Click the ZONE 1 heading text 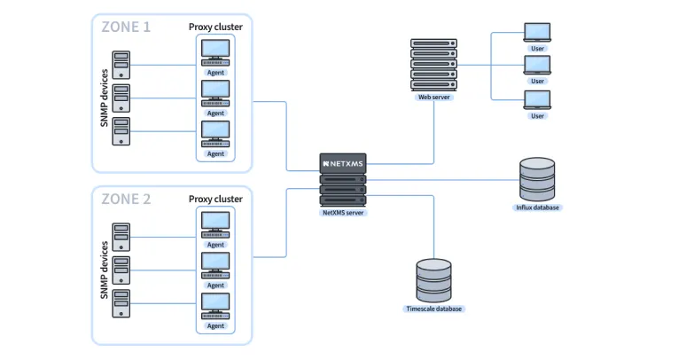click(126, 27)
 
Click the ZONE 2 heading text click(126, 199)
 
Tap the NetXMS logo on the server click(343, 163)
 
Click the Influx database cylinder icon click(538, 180)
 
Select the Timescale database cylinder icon click(433, 281)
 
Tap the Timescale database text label click(433, 309)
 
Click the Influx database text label click(538, 207)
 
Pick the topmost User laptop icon click(537, 33)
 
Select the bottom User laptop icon click(537, 99)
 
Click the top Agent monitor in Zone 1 click(215, 50)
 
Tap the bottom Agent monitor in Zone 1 click(215, 132)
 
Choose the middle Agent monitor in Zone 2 click(215, 263)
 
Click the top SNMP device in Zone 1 click(121, 64)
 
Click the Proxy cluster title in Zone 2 click(215, 199)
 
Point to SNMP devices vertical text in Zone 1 click(104, 98)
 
